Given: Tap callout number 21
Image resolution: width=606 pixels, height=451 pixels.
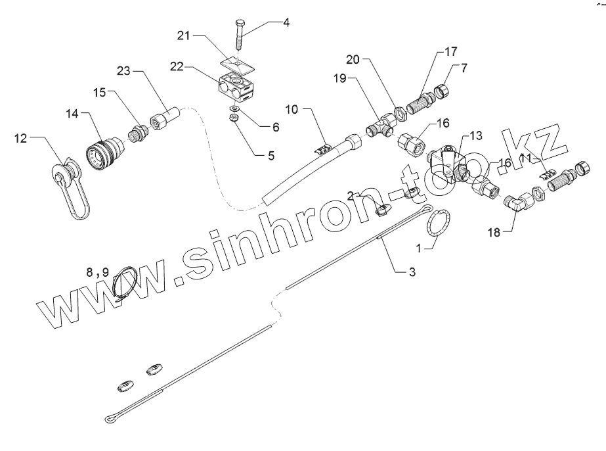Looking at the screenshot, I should (x=183, y=35).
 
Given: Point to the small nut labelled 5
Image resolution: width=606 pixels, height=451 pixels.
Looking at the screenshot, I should (x=233, y=118).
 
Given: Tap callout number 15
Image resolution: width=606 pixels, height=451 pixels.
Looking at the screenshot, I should (x=98, y=93).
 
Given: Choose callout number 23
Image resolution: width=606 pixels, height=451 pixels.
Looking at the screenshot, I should (x=125, y=70).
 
